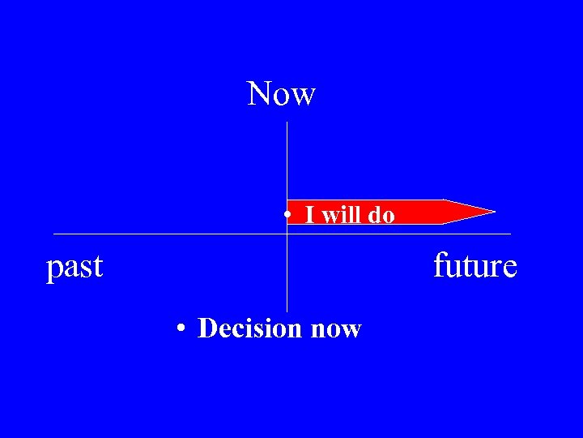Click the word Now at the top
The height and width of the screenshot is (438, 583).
point(281,94)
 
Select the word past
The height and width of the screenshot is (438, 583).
point(74,266)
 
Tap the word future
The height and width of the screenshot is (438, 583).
point(474,265)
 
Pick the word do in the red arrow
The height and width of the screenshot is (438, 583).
point(381,215)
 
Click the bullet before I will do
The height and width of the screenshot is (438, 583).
point(287,216)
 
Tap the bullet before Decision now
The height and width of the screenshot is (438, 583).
point(184,329)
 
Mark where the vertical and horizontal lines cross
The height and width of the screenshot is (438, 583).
point(287,234)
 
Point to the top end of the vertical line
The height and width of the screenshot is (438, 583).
point(287,122)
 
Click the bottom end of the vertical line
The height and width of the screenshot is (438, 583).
point(287,311)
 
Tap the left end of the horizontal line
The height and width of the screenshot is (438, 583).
point(54,234)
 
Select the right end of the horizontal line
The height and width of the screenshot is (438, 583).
point(510,234)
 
